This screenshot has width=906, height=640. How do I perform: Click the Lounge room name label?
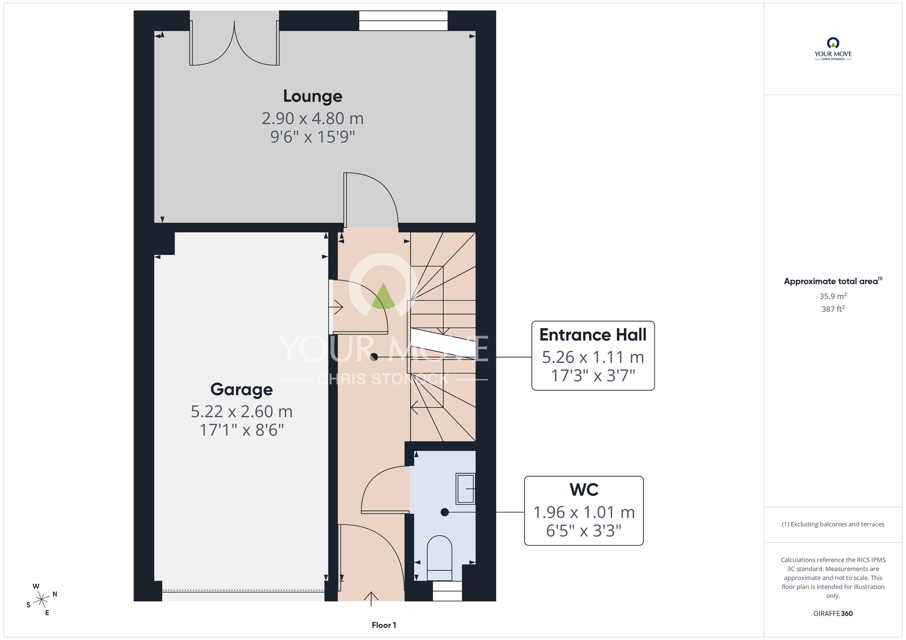coord(313,96)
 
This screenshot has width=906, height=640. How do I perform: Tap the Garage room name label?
coord(241,390)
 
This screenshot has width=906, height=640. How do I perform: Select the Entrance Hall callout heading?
coord(593,335)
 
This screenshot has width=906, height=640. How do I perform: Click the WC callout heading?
coord(584,490)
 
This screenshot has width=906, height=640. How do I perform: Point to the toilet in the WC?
coord(439,558)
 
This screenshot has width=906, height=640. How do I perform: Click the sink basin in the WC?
coord(465,489)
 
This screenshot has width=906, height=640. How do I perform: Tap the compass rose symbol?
coord(42,600)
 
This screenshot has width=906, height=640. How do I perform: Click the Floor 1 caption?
coord(384,625)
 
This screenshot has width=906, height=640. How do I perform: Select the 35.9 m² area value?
coord(833,296)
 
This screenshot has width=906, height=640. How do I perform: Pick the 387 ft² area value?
coord(833,309)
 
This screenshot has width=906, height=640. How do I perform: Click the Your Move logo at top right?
coord(833,49)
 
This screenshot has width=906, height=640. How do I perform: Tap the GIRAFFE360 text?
coord(833,614)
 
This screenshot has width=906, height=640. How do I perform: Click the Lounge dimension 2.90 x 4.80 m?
coord(313,119)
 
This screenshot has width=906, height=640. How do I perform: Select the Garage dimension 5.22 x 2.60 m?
coord(241,411)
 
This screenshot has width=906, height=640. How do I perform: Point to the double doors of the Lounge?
coord(234,43)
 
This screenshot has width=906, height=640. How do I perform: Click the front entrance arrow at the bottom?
coord(371,599)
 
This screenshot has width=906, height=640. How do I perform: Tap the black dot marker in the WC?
coord(444,512)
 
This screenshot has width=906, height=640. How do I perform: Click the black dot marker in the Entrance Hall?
coord(374,357)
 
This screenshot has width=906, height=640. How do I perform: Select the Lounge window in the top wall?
coord(403,21)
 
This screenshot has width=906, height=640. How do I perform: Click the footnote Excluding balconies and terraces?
coord(833,525)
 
